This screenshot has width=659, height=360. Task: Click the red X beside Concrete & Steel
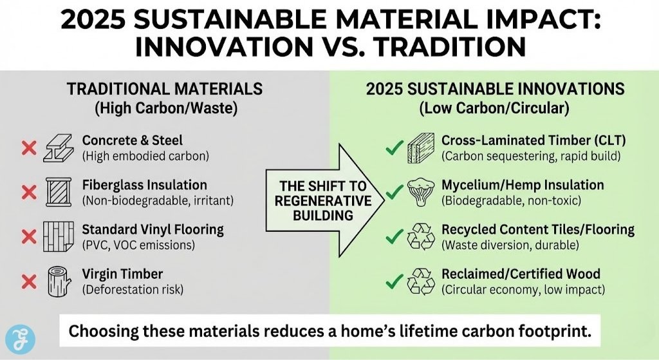(28, 149)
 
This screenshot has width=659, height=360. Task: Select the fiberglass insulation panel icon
(59, 192)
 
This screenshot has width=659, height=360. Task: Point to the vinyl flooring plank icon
(59, 236)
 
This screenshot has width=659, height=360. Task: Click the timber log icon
(59, 281)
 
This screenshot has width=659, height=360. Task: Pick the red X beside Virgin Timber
(28, 281)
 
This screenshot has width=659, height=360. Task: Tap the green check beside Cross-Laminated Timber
(393, 149)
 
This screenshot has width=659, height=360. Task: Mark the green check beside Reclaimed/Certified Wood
(393, 281)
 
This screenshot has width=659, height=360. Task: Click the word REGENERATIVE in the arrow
(323, 200)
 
